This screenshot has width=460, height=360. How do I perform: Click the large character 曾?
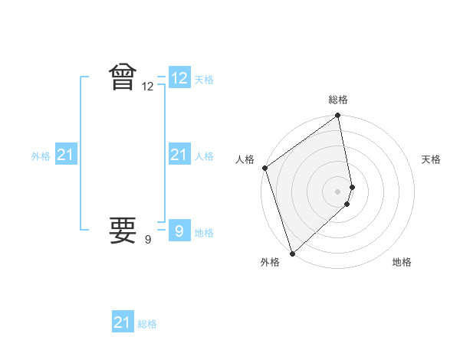pyautogui.click(x=123, y=77)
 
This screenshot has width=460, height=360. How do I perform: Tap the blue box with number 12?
pyautogui.click(x=179, y=77)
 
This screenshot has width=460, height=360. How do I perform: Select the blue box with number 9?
pyautogui.click(x=179, y=230)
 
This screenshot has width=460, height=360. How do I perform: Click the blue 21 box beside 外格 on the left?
pyautogui.click(x=66, y=155)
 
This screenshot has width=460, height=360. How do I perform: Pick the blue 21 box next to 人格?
pyautogui.click(x=179, y=155)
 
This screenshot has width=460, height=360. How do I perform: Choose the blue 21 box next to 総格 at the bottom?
pyautogui.click(x=123, y=322)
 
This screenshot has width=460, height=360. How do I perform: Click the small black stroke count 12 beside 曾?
pyautogui.click(x=148, y=87)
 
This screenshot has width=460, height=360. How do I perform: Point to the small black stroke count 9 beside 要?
pyautogui.click(x=148, y=241)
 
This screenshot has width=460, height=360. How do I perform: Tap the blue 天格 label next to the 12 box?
pyautogui.click(x=204, y=80)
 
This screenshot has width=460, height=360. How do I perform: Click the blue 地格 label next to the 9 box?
pyautogui.click(x=204, y=233)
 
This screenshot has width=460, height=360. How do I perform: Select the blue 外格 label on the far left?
pyautogui.click(x=41, y=156)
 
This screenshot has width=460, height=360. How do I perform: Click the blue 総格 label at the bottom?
pyautogui.click(x=147, y=324)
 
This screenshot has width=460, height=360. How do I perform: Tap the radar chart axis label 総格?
pyautogui.click(x=338, y=100)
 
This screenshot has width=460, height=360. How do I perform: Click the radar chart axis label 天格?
pyautogui.click(x=432, y=159)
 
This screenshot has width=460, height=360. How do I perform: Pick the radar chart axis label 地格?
pyautogui.click(x=402, y=262)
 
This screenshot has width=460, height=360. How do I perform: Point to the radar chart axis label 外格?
pyautogui.click(x=270, y=262)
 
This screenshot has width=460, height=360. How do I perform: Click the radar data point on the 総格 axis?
pyautogui.click(x=338, y=116)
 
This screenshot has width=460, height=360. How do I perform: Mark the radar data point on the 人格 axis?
pyautogui.click(x=264, y=168)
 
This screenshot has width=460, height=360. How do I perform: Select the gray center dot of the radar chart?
pyautogui.click(x=338, y=191)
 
